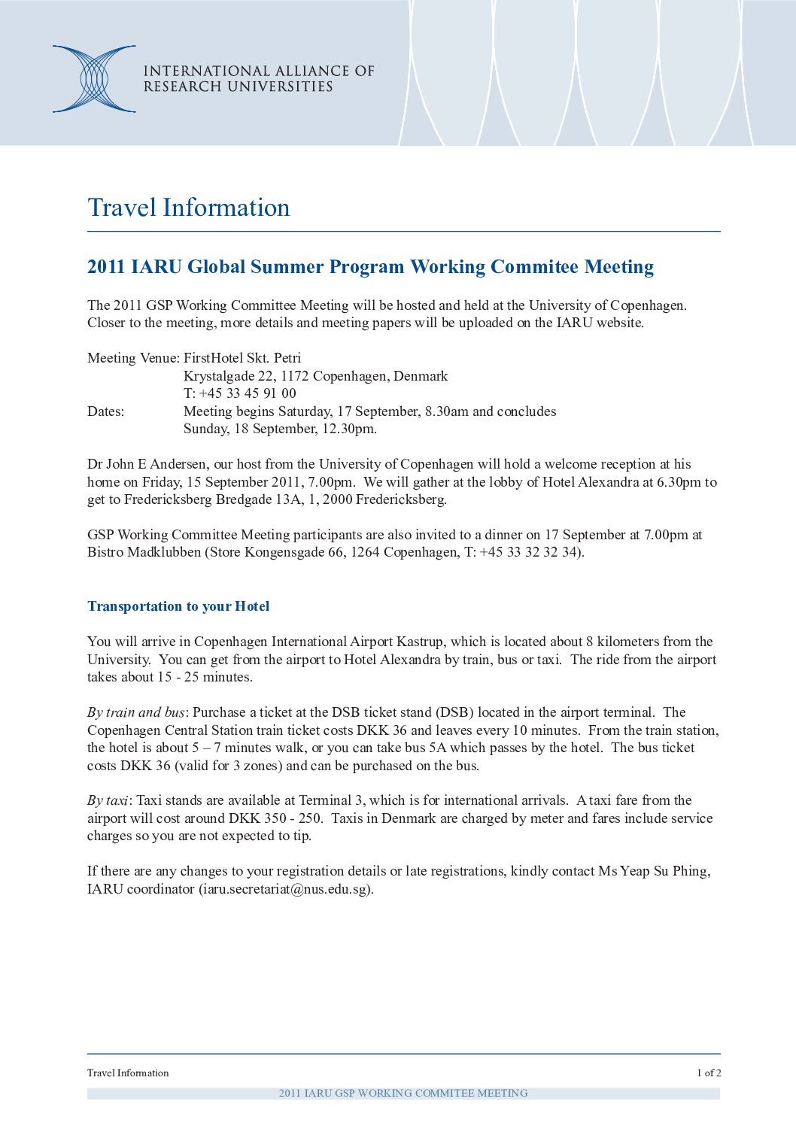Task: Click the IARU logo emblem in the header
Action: pos(94,79)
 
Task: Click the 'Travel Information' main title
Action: pos(188,208)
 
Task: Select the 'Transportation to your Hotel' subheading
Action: pos(178,606)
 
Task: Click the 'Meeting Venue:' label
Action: pos(133,358)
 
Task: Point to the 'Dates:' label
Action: pos(105,411)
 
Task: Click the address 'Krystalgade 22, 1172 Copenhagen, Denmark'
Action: pos(315,376)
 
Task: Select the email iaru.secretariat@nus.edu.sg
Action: pos(285,889)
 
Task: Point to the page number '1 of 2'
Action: pos(708,1073)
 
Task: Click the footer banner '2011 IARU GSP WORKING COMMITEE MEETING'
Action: pos(403,1094)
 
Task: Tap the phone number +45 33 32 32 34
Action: pos(529,552)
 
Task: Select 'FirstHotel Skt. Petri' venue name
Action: pos(242,358)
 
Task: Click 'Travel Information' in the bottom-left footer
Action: pos(128,1073)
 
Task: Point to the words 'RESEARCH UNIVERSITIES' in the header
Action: pos(238,87)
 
